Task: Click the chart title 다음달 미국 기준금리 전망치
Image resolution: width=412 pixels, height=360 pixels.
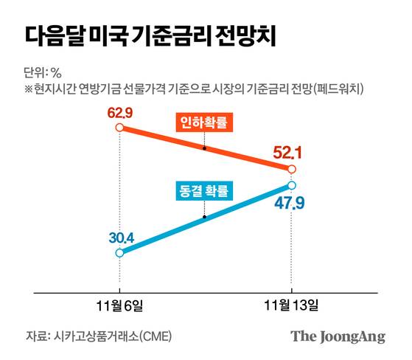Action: [x=151, y=36]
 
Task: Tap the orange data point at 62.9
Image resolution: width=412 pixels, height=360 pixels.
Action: [x=119, y=128]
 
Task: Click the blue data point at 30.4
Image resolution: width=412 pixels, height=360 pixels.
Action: [x=119, y=252]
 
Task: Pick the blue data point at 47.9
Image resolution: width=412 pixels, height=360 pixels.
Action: [x=293, y=184]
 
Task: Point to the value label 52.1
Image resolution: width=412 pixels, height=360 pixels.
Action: [x=289, y=153]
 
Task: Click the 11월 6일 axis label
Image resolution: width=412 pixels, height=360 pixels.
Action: [x=119, y=304]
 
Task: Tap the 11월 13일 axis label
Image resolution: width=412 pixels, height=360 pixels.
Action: [x=292, y=304]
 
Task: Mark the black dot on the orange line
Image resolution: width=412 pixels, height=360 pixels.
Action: [x=203, y=148]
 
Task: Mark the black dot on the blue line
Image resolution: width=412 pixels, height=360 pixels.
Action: [x=203, y=218]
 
